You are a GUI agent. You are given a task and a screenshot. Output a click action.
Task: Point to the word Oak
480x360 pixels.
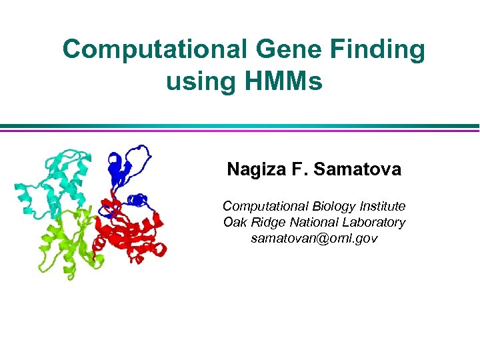235,223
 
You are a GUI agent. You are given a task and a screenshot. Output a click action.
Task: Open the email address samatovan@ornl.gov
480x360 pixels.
313,238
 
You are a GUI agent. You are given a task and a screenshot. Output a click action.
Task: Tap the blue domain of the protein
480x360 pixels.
130,167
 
